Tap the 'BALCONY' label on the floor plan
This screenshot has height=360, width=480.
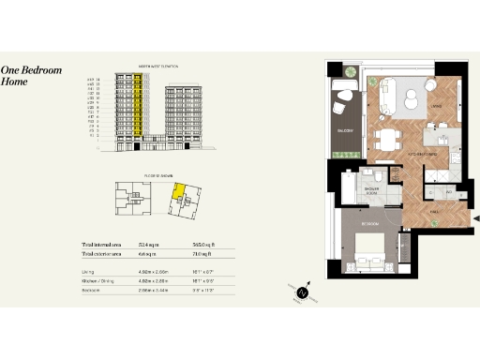[x=343, y=131]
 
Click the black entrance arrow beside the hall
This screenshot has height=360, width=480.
[x=473, y=218]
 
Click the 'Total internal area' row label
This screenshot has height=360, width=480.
[x=105, y=243]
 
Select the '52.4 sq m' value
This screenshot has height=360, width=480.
[x=149, y=243]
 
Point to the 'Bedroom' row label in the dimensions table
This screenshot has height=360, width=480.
[x=91, y=291]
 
